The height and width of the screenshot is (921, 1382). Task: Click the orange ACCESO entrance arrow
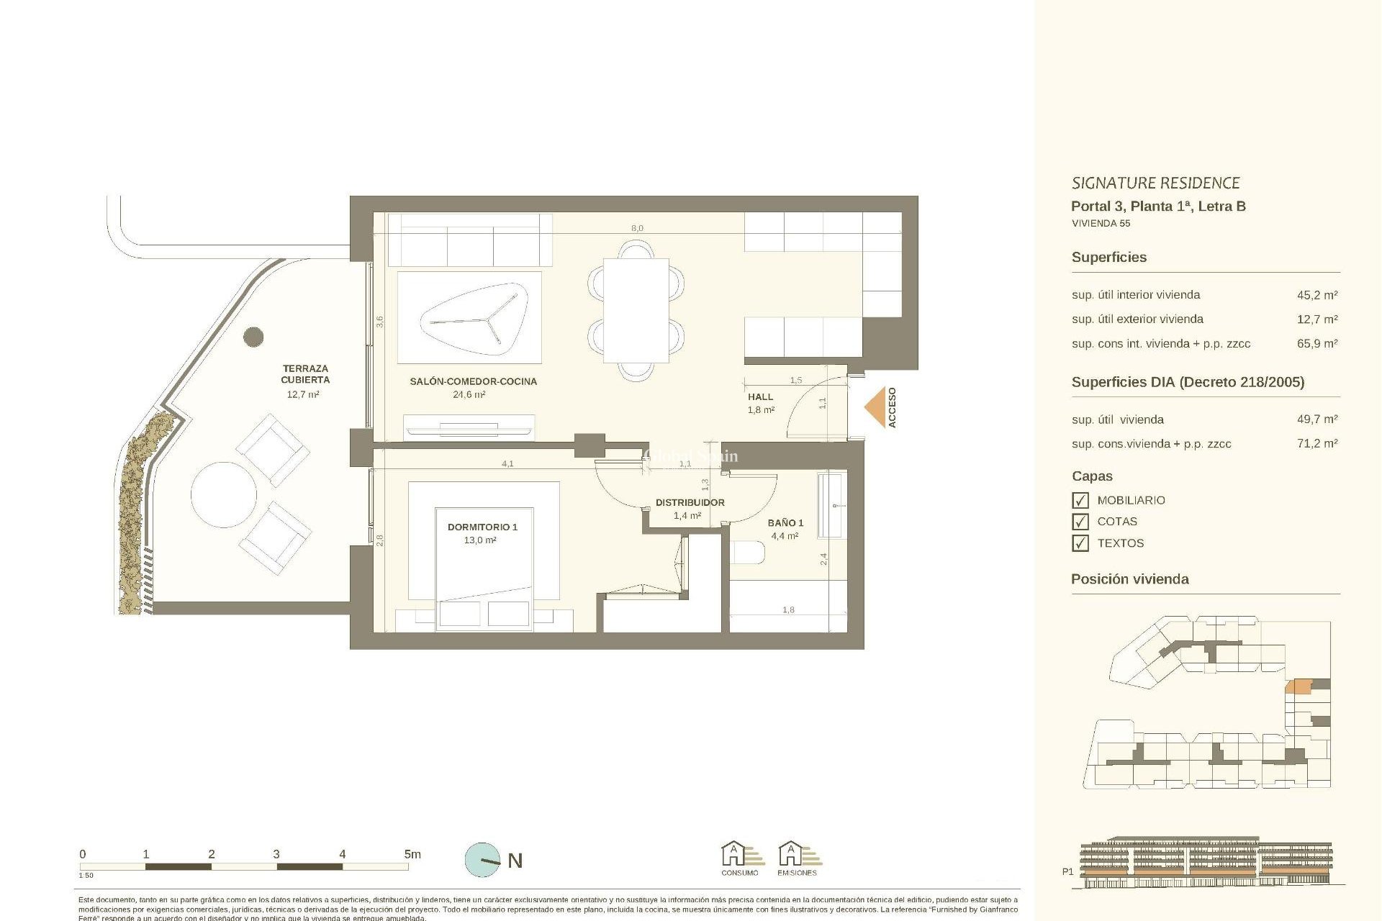point(875,408)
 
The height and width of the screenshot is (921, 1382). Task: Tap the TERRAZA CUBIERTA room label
point(305,374)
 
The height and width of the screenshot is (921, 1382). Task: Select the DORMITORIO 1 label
point(482,527)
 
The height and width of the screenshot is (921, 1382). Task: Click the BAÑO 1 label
point(785,522)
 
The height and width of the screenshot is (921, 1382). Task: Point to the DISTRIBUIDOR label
point(690,502)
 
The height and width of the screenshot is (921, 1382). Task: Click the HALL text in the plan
point(760,396)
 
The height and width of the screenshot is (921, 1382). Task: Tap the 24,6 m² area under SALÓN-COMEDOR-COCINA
point(469,394)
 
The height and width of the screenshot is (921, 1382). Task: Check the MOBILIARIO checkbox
point(1080,500)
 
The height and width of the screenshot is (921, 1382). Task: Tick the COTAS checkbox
point(1080,522)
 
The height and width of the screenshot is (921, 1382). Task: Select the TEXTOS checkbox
point(1080,543)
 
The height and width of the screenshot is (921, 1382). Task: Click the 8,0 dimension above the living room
point(637,228)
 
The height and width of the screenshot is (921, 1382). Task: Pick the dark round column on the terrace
point(253,336)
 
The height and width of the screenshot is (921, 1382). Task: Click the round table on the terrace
point(224,495)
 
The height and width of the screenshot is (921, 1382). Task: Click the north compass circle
point(482,860)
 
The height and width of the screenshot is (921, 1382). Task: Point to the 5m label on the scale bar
point(412,854)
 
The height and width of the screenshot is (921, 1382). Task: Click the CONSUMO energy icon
point(739,856)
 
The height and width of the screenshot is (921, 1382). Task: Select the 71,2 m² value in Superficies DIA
point(1316,443)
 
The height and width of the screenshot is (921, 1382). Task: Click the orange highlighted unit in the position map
point(1299,686)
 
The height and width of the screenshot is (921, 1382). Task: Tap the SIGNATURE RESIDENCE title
point(1155,183)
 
